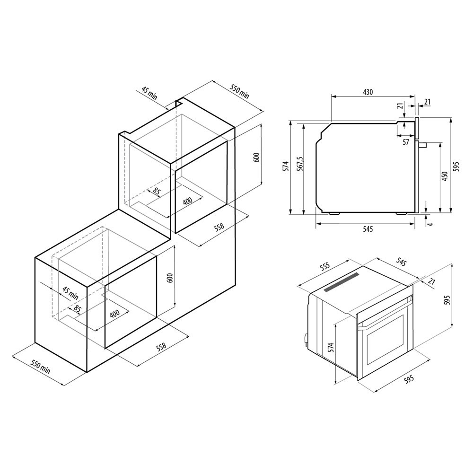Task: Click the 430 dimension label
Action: tap(368, 92)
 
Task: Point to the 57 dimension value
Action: tap(406, 142)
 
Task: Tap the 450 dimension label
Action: tap(444, 176)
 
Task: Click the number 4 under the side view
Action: tap(430, 224)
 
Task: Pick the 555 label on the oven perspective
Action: tap(325, 267)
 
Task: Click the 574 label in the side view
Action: tap(286, 166)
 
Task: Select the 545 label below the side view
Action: tap(368, 229)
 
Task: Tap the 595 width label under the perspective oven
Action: tap(409, 379)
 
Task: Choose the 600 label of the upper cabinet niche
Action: tap(256, 158)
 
